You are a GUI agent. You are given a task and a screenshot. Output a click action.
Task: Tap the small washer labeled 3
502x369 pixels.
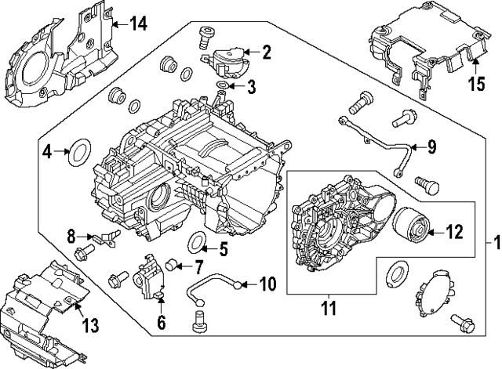(223, 85)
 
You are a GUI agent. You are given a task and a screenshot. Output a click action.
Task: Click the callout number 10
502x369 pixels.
(267, 284)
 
